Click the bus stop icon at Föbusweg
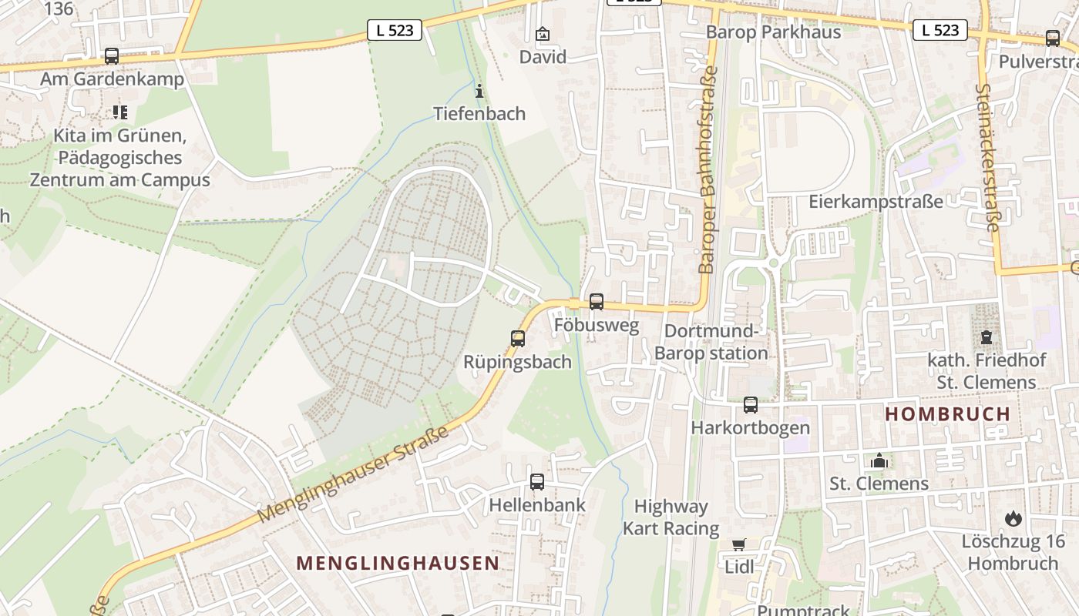(597, 302)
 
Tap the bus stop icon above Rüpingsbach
(518, 338)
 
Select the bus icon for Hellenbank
(537, 482)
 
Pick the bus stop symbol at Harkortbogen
(751, 404)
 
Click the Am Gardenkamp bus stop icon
(112, 55)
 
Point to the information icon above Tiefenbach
(479, 92)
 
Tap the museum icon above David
(543, 34)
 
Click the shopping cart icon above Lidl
(739, 544)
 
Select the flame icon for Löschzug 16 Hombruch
(1013, 518)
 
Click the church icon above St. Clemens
(879, 461)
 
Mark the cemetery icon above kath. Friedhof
(987, 336)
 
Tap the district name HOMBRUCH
(947, 414)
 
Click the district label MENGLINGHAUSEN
(398, 563)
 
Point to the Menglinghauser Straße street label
(353, 475)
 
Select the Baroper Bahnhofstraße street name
(707, 169)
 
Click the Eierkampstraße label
(876, 202)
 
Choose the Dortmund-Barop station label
(711, 343)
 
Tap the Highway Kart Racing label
(671, 517)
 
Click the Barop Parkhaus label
(773, 32)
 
